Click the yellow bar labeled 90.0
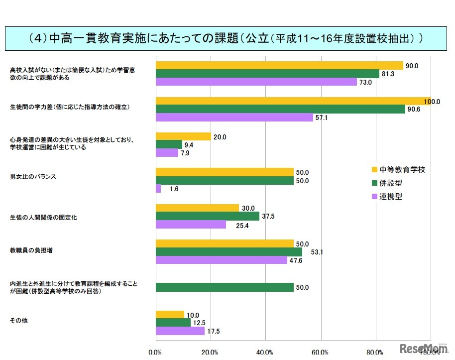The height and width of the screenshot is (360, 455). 279,65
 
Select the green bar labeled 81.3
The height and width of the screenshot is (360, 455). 267,74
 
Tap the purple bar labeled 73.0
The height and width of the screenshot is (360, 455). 256,82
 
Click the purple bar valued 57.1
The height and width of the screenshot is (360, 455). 234,118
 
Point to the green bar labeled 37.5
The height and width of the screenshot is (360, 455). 208,216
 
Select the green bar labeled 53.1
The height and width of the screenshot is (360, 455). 229,252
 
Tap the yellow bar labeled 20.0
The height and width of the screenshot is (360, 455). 183,136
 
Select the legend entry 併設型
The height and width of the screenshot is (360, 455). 390,183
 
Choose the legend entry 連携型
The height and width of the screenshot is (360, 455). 390,196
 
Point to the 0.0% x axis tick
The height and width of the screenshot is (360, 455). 155,353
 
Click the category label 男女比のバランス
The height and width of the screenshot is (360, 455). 33,177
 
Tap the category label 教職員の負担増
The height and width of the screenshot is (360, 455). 31,250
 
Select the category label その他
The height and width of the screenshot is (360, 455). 18,320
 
